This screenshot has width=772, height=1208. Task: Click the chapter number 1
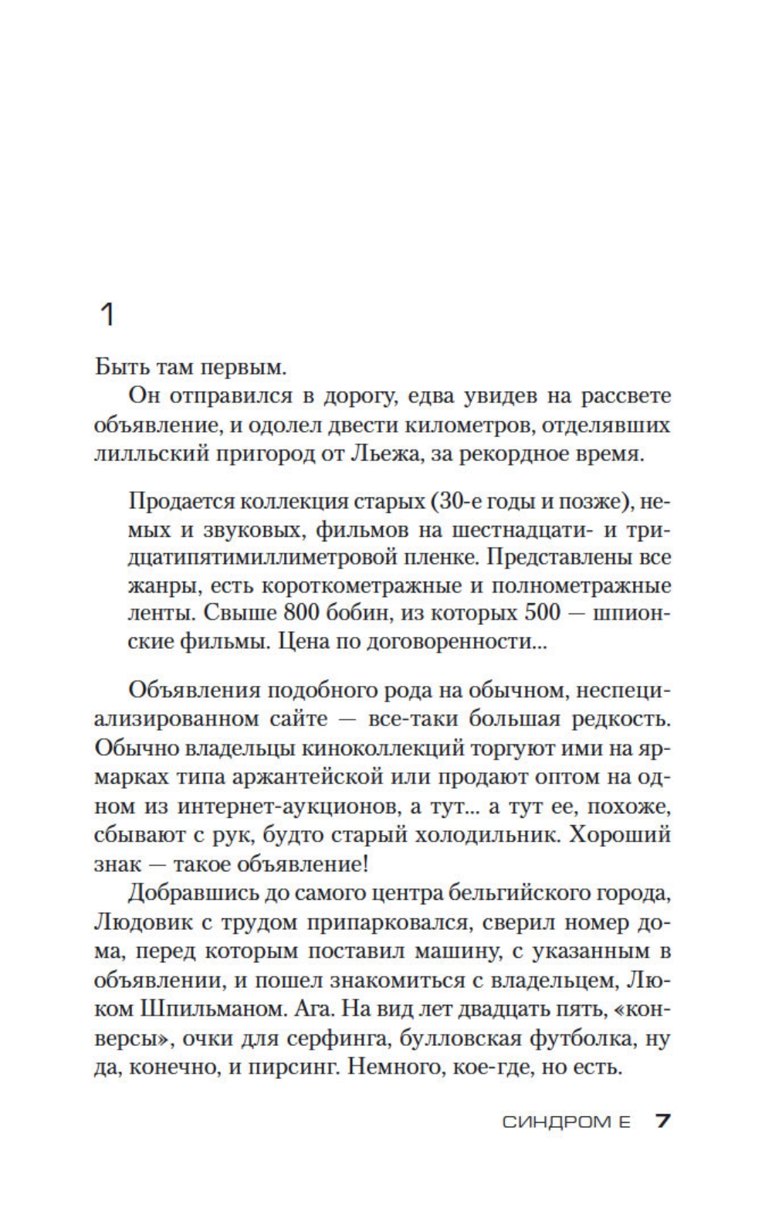108,314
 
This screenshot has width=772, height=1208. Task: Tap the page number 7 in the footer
662,1121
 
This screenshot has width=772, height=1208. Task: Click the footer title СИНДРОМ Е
567,1121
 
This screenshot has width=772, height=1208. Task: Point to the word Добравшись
188,893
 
